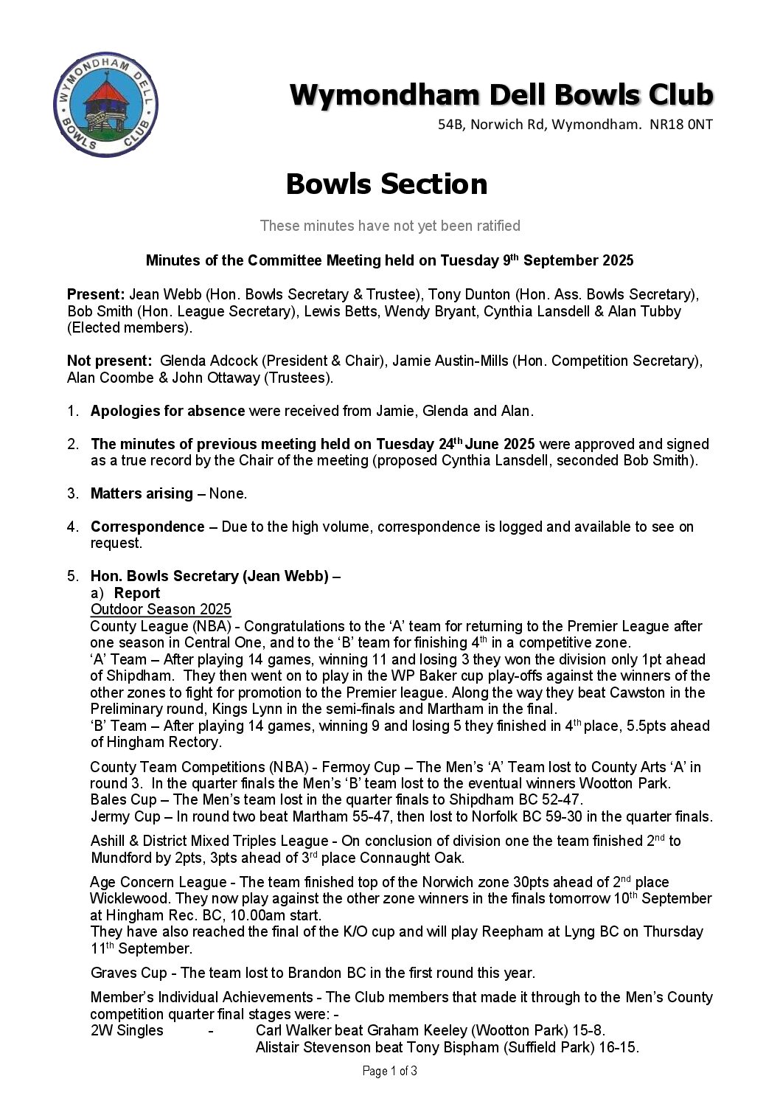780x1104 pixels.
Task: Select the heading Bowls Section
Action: [386, 184]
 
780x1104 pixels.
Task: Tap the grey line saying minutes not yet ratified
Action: [390, 226]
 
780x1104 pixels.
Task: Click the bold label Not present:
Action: [110, 361]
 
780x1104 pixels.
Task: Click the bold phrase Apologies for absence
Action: [167, 411]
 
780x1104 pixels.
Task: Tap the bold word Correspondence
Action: [147, 527]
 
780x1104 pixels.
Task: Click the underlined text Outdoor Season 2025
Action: [161, 609]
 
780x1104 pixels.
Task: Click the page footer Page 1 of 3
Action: [390, 1071]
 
